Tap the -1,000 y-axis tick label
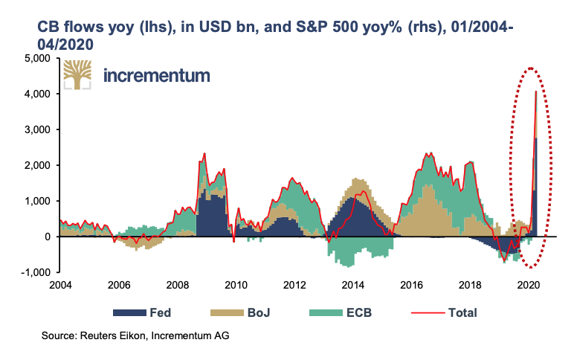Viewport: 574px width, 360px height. (x=34, y=272)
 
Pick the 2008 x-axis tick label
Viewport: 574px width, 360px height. (x=177, y=285)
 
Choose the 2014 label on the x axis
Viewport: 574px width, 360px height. (x=352, y=285)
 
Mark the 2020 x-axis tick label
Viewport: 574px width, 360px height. (x=528, y=285)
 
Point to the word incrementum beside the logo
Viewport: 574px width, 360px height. (x=157, y=75)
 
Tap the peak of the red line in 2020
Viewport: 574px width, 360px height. (x=536, y=91)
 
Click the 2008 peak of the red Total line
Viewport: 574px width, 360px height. (x=204, y=154)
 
